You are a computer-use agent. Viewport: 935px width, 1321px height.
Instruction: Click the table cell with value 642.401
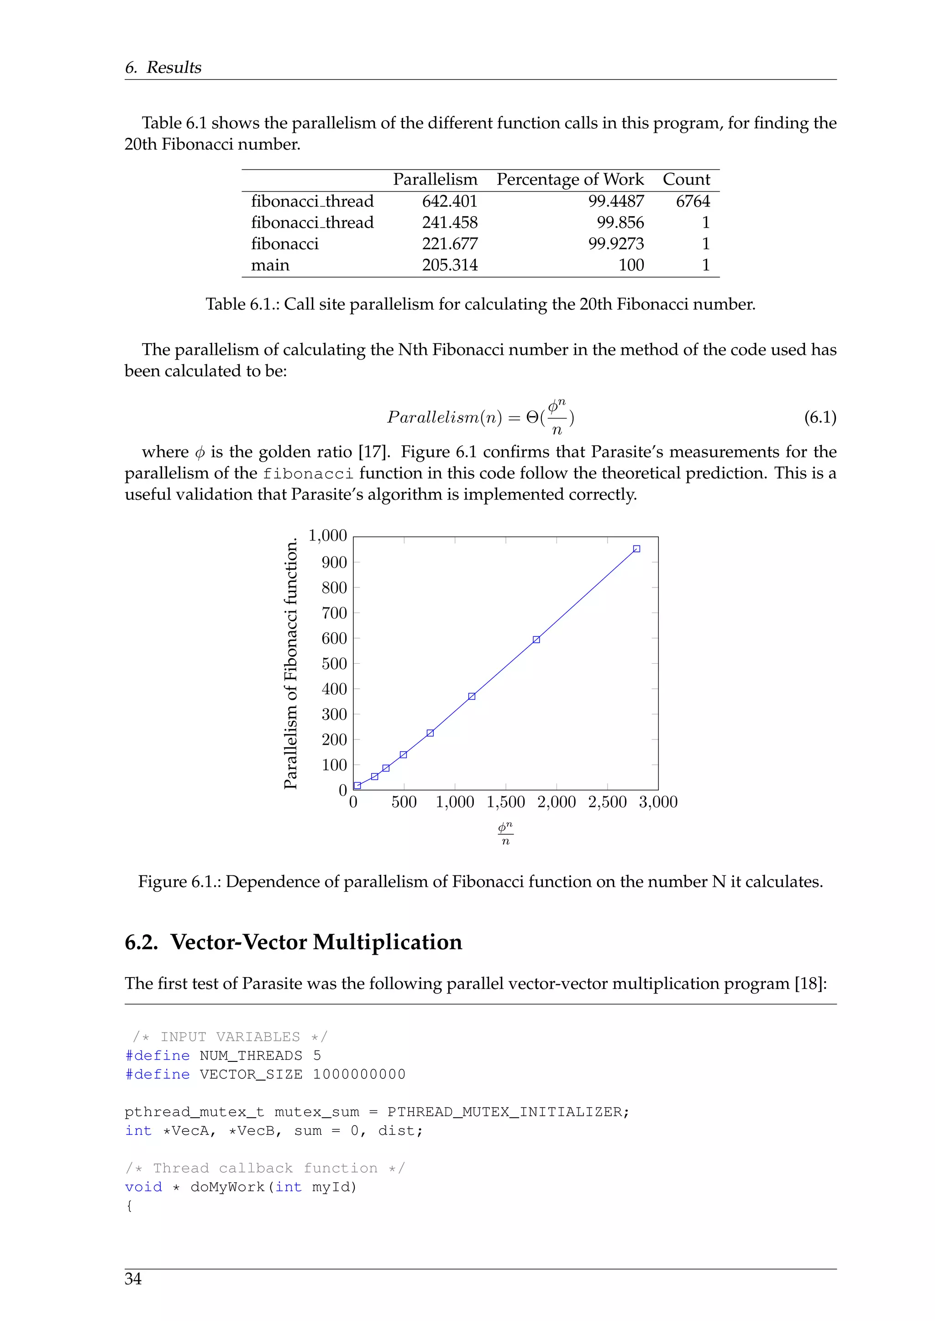[449, 201]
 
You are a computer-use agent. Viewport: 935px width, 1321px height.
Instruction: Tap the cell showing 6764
[693, 201]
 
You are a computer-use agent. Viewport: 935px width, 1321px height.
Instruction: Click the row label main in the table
[270, 265]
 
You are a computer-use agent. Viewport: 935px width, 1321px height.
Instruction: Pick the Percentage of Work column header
[569, 180]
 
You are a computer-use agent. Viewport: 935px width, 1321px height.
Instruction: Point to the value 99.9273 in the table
[615, 244]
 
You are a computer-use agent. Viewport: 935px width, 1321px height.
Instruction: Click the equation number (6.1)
[819, 417]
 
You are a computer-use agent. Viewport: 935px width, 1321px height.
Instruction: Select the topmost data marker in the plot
[636, 549]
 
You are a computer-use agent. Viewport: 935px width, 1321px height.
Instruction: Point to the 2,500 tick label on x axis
[607, 802]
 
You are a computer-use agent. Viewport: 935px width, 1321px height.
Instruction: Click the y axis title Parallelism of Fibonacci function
[291, 663]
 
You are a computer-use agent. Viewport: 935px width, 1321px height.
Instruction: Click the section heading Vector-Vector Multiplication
[316, 942]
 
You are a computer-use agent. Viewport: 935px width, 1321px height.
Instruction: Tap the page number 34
[133, 1279]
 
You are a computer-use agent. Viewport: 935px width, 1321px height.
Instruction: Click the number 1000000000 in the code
[359, 1075]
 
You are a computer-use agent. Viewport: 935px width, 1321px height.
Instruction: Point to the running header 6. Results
[163, 68]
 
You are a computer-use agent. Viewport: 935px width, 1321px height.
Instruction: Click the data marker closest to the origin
[357, 786]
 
